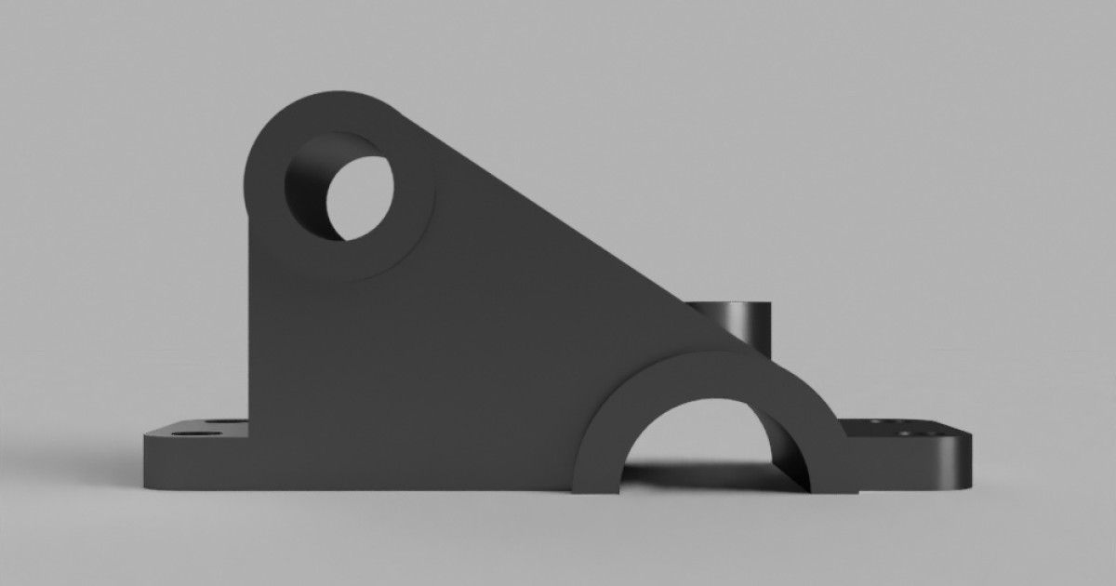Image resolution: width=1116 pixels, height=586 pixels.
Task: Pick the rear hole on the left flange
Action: (223, 423)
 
